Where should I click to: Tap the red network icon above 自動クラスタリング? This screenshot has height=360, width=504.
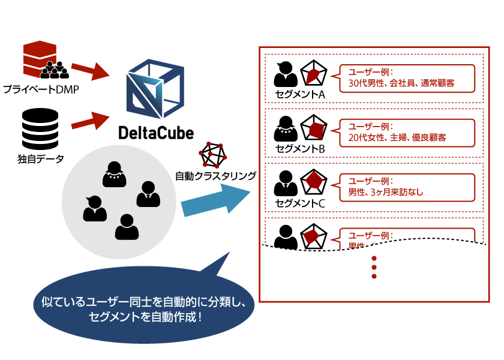[x=215, y=155]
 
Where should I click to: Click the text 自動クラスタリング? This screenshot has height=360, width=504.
[x=215, y=176]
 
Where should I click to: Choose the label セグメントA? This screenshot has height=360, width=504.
[x=300, y=94]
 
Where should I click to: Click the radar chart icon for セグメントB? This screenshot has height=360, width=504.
[x=313, y=128]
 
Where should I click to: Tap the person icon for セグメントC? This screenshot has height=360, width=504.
[x=285, y=184]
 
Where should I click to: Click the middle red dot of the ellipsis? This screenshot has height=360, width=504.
[x=374, y=267]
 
